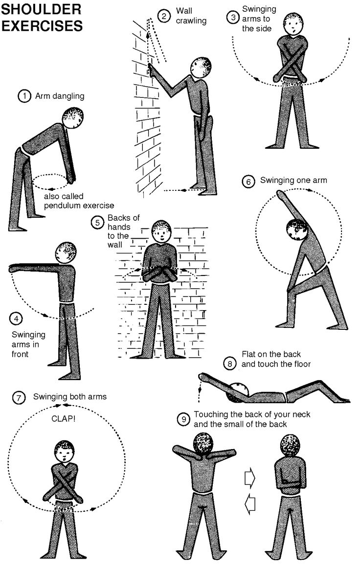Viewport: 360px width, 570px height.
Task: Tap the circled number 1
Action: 24,96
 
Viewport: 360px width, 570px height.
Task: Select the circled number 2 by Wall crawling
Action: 165,17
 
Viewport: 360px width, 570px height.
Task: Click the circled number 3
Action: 233,18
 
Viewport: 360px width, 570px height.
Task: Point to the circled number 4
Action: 16,319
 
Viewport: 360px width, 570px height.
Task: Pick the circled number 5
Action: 97,223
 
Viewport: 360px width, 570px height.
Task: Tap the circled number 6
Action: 248,182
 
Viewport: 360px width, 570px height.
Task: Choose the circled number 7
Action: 17,397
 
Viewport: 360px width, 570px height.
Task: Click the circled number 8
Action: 230,364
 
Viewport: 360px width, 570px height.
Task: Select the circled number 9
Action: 183,419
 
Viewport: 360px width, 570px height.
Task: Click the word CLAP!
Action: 62,419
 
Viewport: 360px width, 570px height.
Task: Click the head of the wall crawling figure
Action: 201,67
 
